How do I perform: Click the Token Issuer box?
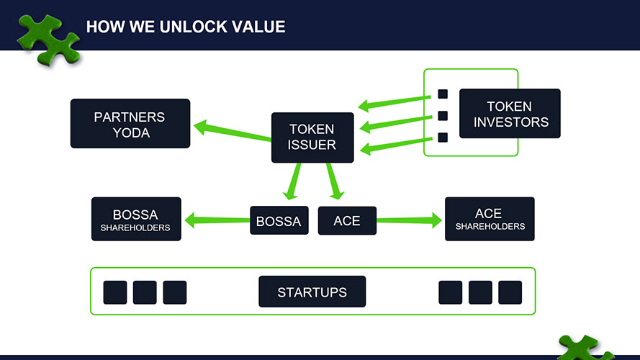tap(312, 138)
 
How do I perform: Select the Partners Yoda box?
tap(130, 123)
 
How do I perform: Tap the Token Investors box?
tap(510, 114)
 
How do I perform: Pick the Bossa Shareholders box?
tap(136, 219)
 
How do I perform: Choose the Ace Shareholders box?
tap(490, 219)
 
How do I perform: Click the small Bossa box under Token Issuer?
tap(279, 220)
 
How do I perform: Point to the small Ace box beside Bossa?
tap(347, 220)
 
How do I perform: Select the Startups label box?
tap(312, 292)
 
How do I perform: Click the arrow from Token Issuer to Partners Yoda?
tap(233, 132)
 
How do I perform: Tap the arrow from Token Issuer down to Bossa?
tap(293, 181)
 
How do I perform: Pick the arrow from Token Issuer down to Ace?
tap(334, 181)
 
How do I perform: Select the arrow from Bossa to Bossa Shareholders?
tap(217, 220)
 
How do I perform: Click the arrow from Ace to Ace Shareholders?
tap(409, 220)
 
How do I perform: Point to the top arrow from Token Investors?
tap(395, 103)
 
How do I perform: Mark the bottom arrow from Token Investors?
tap(396, 145)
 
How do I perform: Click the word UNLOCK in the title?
tap(194, 27)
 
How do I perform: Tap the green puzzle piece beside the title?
tap(48, 40)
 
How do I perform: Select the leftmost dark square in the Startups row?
tap(115, 292)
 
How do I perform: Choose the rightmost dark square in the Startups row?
tap(510, 292)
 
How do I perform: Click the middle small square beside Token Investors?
tap(443, 116)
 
